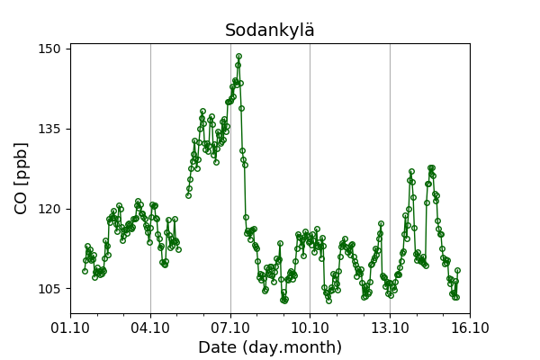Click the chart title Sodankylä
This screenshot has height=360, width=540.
coord(270,31)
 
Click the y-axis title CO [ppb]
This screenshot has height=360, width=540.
coord(22,177)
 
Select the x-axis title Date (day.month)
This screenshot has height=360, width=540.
coord(270,347)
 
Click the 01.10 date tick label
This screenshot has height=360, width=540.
coord(70,328)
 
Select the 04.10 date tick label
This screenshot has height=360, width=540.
coord(150,328)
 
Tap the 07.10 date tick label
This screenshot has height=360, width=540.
coord(230,328)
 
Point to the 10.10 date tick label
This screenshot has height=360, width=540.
coord(310,328)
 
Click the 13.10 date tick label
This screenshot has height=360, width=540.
coord(390,328)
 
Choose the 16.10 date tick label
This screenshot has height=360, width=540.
coord(469,328)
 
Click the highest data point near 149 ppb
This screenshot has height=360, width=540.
coord(238,56)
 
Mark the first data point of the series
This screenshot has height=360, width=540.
coord(85,271)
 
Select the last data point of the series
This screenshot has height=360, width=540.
coord(457,270)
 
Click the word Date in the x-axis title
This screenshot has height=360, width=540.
coord(217,347)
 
